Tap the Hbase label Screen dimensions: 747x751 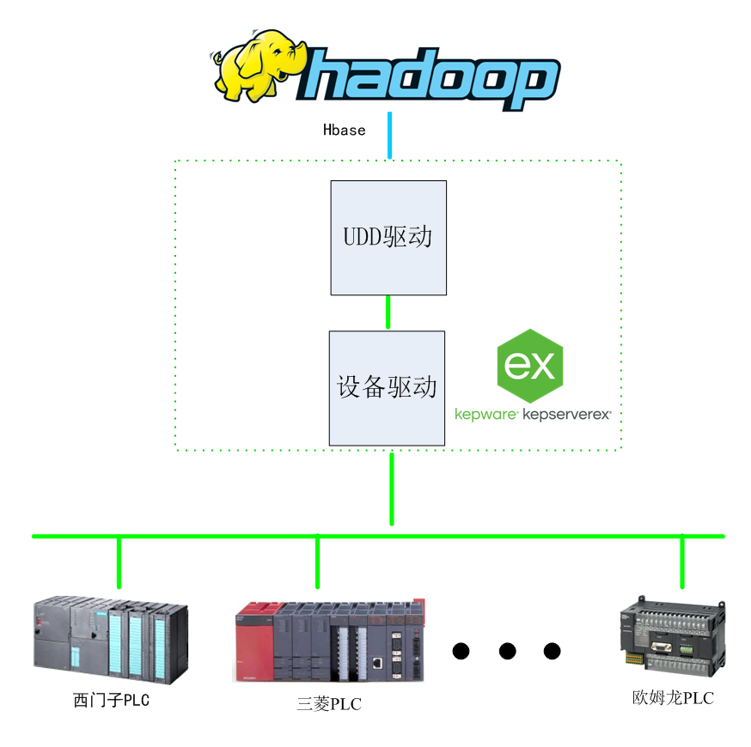[x=344, y=131]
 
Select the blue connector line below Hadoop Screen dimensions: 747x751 [x=389, y=136]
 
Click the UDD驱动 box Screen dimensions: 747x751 [x=388, y=237]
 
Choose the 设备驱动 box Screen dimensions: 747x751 [x=387, y=387]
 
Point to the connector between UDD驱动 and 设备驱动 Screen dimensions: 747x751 [x=388, y=313]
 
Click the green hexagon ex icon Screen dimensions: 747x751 [x=530, y=366]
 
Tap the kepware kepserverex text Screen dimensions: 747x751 [x=533, y=414]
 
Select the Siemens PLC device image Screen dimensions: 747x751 [x=111, y=636]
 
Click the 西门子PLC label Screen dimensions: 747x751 [x=112, y=701]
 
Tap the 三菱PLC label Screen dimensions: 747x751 [x=329, y=705]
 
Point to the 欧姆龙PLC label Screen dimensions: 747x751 [x=672, y=698]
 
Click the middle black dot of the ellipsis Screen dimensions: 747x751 [x=507, y=651]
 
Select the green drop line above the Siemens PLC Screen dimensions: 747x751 [x=119, y=562]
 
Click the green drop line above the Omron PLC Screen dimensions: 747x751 [x=682, y=562]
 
